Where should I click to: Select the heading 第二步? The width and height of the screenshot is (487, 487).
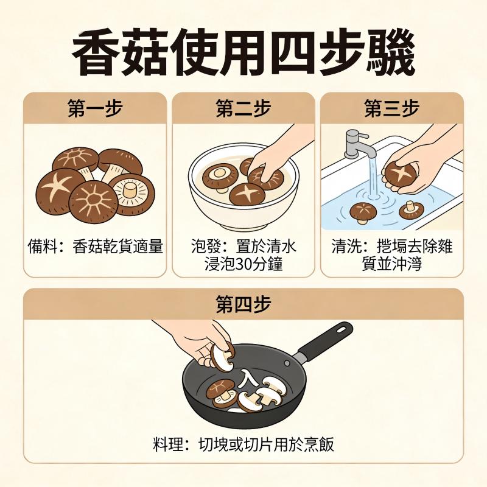click(243, 108)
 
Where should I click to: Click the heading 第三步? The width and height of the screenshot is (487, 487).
click(392, 108)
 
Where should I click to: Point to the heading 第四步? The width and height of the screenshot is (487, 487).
click(243, 304)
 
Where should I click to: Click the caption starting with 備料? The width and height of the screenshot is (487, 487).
click(95, 247)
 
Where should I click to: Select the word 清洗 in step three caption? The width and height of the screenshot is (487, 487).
click(344, 247)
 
